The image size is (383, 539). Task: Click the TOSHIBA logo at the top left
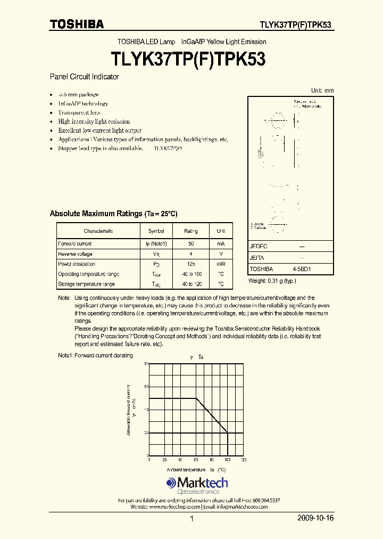pyautogui.click(x=77, y=24)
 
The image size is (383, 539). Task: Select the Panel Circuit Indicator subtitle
pyautogui.click(x=84, y=77)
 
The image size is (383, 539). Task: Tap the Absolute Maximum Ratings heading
pyautogui.click(x=113, y=214)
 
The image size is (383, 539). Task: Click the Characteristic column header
pyautogui.click(x=98, y=231)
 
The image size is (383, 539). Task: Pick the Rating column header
pyautogui.click(x=190, y=231)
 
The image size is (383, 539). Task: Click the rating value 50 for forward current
pyautogui.click(x=190, y=243)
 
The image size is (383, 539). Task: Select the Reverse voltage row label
pyautogui.click(x=75, y=254)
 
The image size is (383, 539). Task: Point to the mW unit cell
pyautogui.click(x=221, y=264)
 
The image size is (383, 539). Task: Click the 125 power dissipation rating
pyautogui.click(x=190, y=264)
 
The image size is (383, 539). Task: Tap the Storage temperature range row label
pyautogui.click(x=86, y=284)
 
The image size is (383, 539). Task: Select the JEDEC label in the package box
pyautogui.click(x=259, y=247)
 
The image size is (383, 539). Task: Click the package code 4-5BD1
pyautogui.click(x=302, y=269)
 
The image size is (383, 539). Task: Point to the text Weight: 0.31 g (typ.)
pyautogui.click(x=272, y=281)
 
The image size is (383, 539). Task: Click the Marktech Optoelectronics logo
pyautogui.click(x=197, y=485)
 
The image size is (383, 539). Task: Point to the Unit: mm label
pyautogui.click(x=322, y=91)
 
